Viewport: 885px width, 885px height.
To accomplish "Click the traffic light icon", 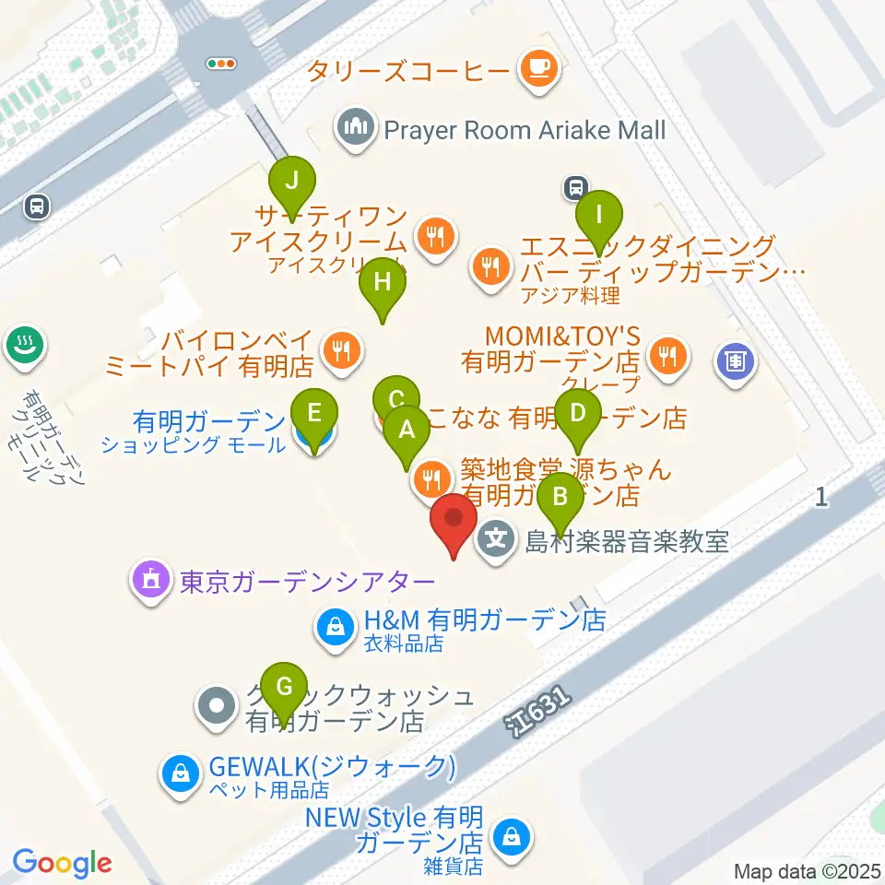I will click(221, 64).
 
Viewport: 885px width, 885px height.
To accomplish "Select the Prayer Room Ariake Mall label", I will click(524, 130).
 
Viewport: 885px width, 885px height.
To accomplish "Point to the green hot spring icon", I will click(21, 347).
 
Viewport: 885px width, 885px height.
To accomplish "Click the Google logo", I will click(63, 863).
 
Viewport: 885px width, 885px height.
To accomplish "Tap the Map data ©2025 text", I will click(808, 870).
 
